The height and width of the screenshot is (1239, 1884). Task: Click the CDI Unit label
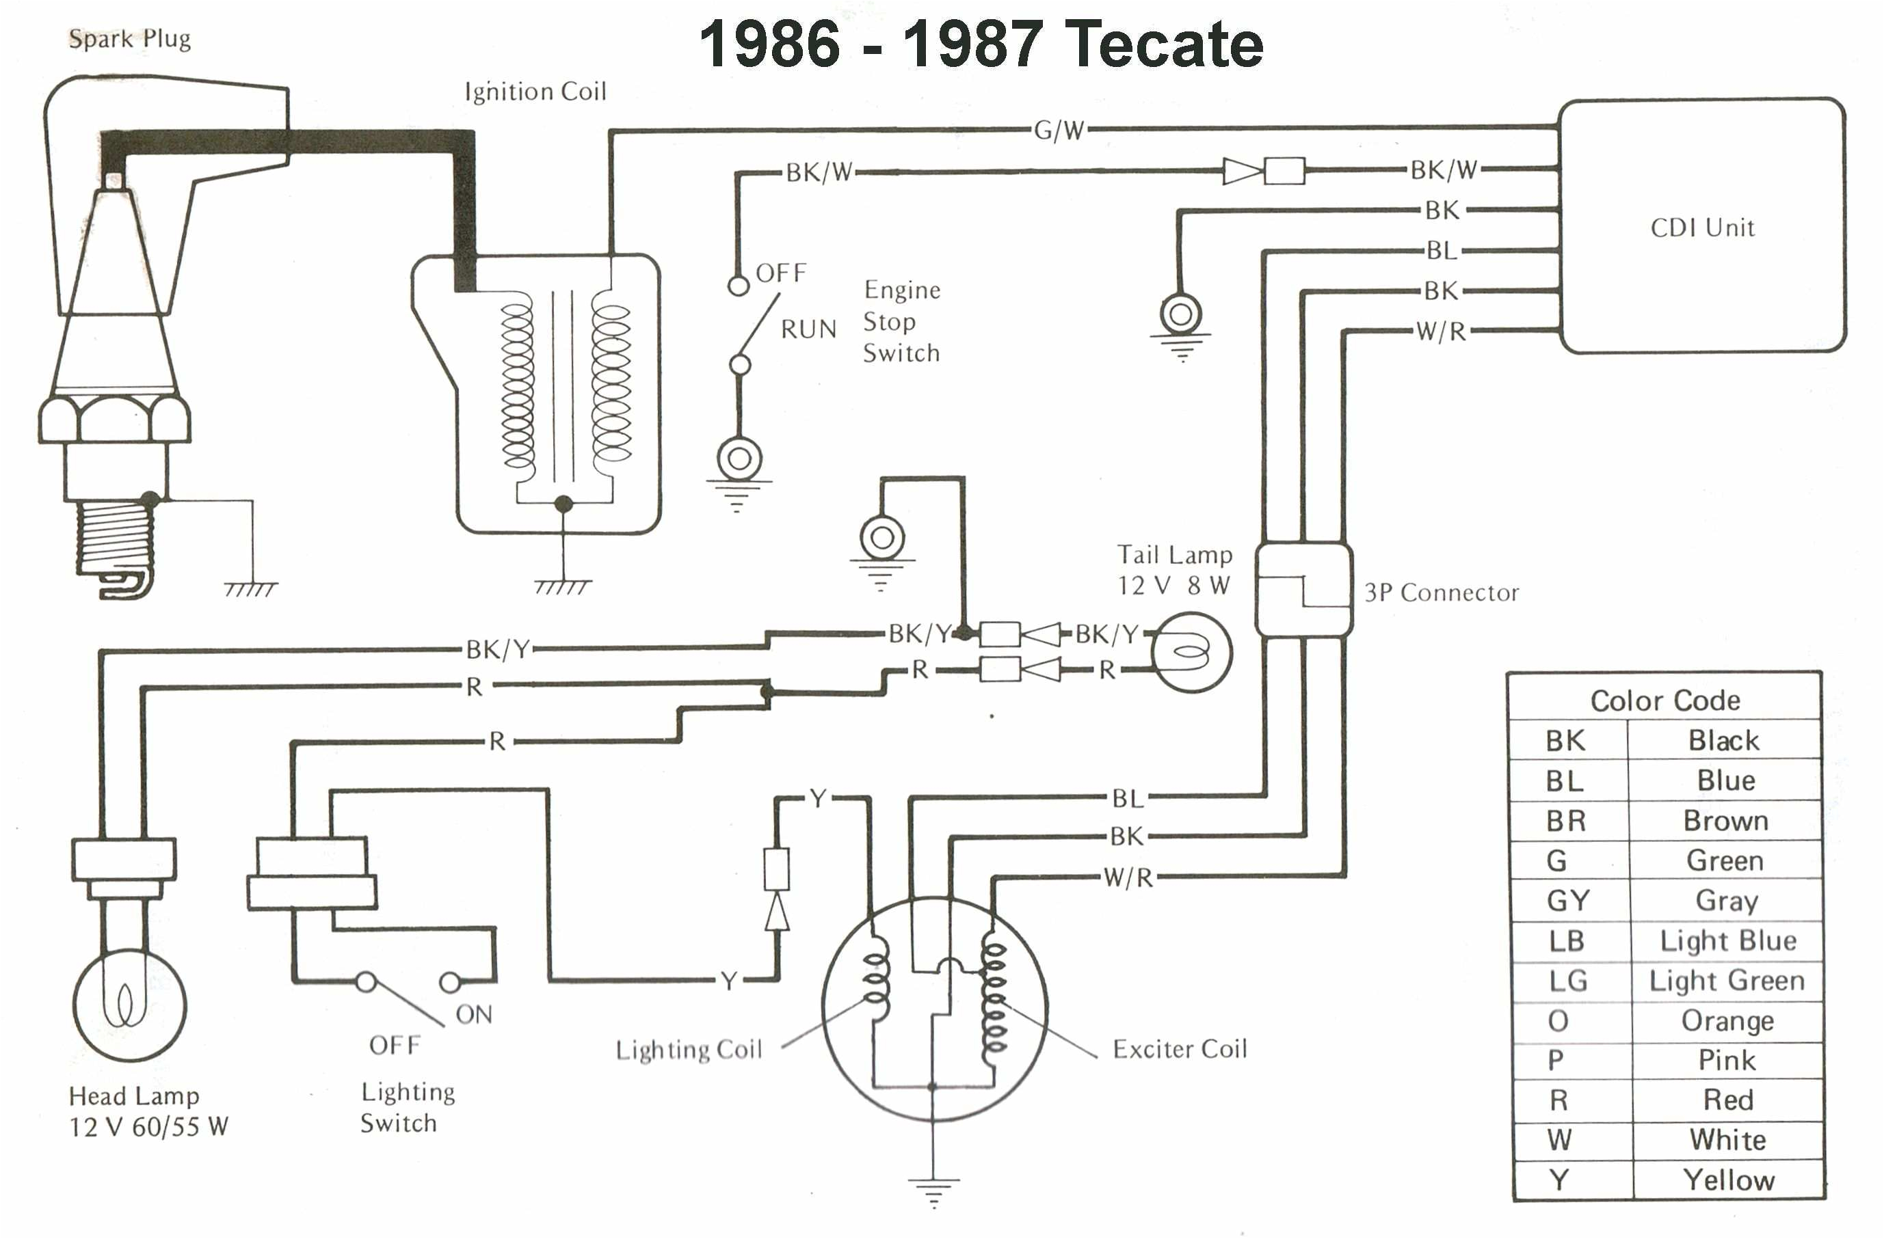tap(1702, 228)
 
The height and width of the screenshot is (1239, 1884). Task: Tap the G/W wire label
tap(1059, 131)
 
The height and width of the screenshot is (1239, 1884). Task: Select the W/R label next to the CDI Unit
tap(1441, 331)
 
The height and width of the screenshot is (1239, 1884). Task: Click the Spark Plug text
tap(129, 39)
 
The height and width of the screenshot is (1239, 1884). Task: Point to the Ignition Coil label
tap(535, 92)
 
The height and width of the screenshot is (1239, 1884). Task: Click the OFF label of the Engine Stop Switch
tap(780, 273)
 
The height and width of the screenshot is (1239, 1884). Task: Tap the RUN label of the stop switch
tap(808, 329)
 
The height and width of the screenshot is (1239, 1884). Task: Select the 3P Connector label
tap(1441, 593)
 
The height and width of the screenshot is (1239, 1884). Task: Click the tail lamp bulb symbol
tap(1191, 653)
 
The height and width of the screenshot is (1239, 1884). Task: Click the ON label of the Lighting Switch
tap(473, 1014)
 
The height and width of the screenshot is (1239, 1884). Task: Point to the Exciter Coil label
tap(1180, 1049)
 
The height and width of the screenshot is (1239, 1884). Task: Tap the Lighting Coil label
tap(689, 1050)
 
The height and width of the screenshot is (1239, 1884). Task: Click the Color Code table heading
tap(1664, 700)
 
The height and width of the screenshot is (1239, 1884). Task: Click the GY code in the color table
tap(1567, 900)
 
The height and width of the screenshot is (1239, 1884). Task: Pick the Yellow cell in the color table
tap(1728, 1180)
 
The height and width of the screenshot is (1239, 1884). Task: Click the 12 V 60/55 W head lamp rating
tap(149, 1127)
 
